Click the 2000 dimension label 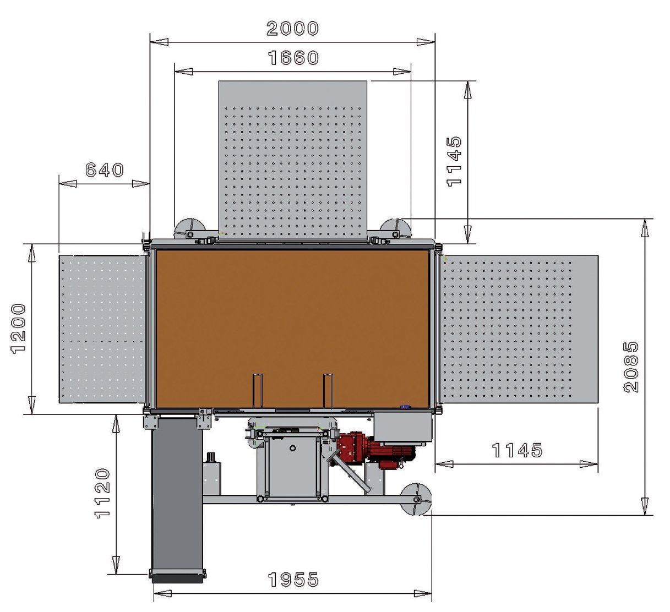292,29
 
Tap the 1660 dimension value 293,58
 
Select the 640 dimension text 105,170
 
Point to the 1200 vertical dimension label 18,329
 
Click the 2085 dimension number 631,367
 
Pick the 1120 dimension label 102,493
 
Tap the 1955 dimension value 293,580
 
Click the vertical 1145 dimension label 454,161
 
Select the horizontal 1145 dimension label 518,450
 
